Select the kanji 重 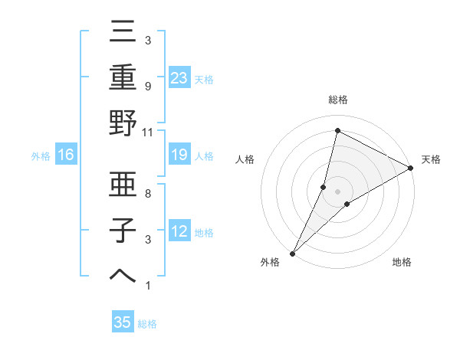tap(123, 79)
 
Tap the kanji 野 tap(123, 124)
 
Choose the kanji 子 tap(123, 230)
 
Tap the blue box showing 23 tap(179, 78)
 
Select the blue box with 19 tap(179, 155)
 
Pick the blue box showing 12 tap(179, 232)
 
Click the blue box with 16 tap(65, 155)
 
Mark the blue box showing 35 tap(123, 322)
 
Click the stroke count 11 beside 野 tap(148, 133)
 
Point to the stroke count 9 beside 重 tap(148, 87)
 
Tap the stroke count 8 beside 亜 tap(148, 194)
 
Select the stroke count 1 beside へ tap(148, 286)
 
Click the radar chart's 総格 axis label tap(337, 100)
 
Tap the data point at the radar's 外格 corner tap(292, 254)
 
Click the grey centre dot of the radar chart tap(337, 191)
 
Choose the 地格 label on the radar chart tap(402, 263)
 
